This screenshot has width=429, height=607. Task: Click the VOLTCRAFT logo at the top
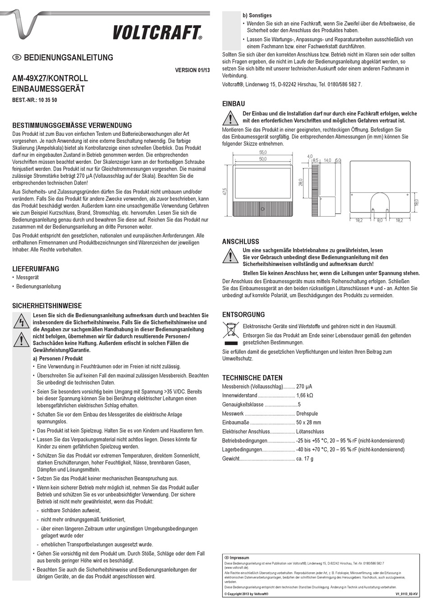157,32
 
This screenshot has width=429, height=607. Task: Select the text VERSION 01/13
192,70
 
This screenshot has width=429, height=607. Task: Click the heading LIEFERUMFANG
36,269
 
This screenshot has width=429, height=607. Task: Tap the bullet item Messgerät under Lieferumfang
28,278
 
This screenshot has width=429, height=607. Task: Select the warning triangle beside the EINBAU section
230,119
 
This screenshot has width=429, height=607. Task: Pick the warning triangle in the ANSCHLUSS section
230,256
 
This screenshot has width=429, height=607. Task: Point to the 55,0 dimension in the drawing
263,153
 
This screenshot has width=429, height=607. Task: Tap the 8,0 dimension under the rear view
379,220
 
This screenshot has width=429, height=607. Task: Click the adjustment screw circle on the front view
261,209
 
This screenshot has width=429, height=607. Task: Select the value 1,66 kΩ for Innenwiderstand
304,395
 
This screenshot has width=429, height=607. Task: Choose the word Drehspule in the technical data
307,413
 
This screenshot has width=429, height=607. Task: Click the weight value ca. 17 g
304,459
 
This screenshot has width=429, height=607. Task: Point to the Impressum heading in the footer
239,558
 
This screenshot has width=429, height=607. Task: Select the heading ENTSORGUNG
243,315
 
